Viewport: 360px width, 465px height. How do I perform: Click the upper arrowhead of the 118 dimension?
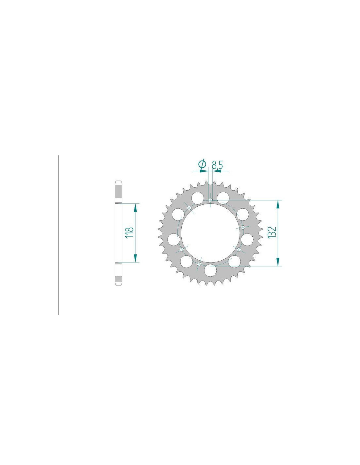(135, 208)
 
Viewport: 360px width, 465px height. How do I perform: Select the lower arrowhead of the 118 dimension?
(135, 258)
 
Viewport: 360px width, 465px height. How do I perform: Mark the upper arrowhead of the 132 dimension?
(278, 204)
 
